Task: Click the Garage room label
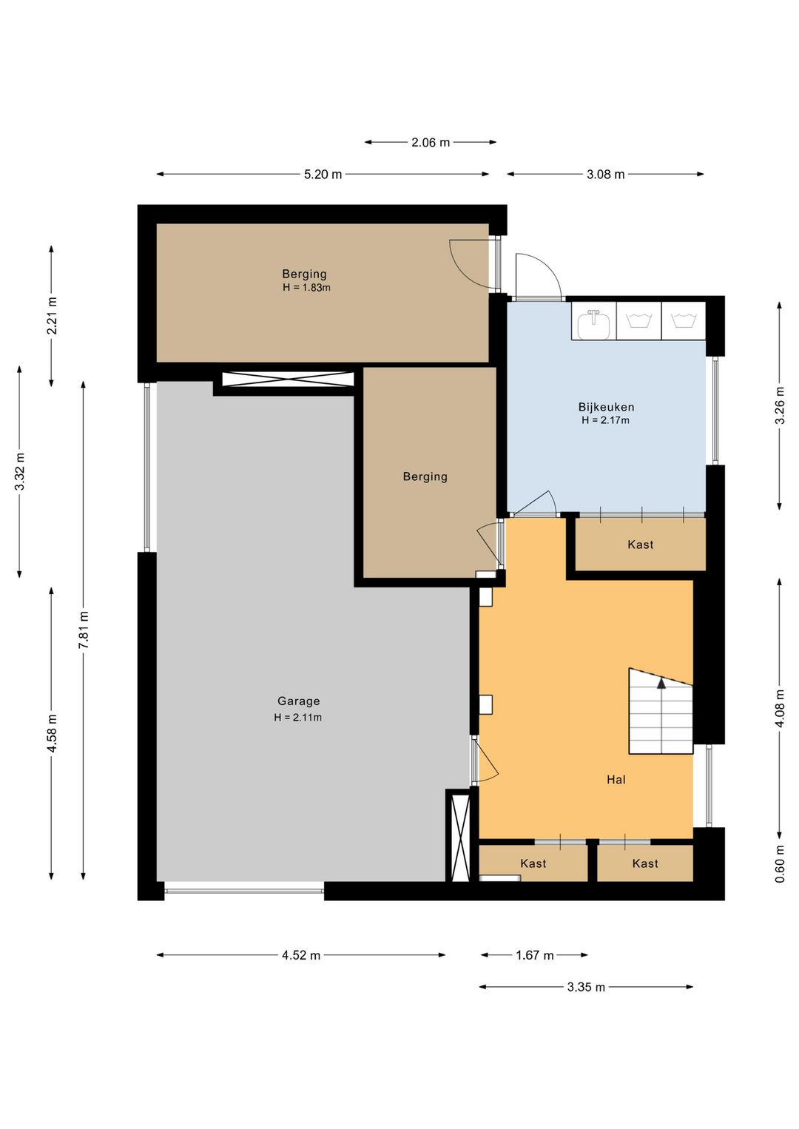coord(298,701)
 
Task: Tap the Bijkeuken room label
coord(606,407)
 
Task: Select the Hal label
coord(616,780)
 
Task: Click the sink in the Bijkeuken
coord(594,323)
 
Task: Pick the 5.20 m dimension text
coord(323,175)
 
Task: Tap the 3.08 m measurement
coord(605,175)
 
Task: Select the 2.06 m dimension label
coord(431,143)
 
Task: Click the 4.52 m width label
coord(301,955)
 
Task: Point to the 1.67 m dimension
coord(534,955)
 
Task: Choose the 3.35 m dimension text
coord(586,987)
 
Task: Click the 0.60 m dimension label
coord(780,863)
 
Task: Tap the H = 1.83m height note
coord(306,288)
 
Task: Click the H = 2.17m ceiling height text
coord(605,419)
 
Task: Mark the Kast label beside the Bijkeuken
coord(640,545)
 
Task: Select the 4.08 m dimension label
coord(780,708)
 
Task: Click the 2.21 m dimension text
coord(52,316)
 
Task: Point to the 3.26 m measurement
coord(780,405)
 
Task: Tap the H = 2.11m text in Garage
coord(298,717)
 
